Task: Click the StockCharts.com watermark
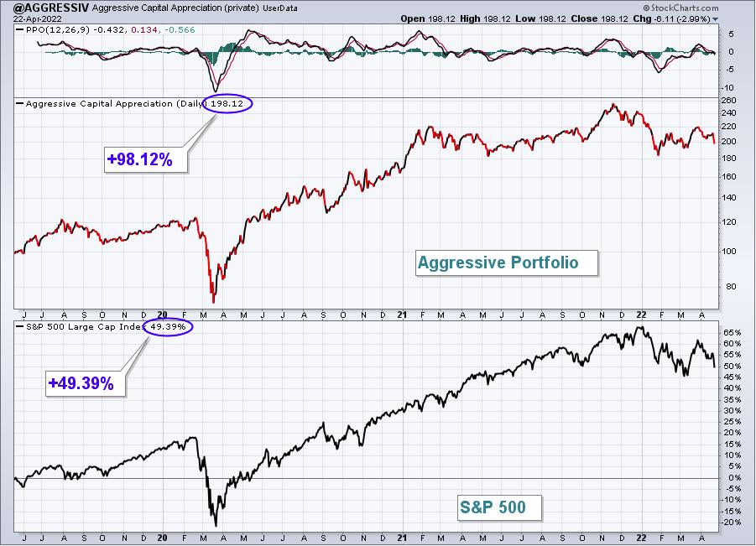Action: [680, 8]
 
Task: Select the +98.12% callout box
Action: [146, 159]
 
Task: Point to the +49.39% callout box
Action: [86, 383]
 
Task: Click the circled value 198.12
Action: [227, 104]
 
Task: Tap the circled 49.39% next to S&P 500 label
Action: [168, 327]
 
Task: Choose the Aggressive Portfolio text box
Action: [507, 263]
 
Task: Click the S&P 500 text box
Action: [499, 507]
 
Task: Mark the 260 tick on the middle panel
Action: [729, 101]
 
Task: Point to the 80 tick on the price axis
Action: [731, 286]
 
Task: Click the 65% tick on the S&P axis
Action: [732, 332]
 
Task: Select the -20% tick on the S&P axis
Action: [731, 523]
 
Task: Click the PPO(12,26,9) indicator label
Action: [58, 30]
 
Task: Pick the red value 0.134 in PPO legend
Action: [144, 30]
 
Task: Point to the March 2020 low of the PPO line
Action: [215, 91]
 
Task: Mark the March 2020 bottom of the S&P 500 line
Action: [216, 525]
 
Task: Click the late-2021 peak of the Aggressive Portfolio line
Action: [613, 104]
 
